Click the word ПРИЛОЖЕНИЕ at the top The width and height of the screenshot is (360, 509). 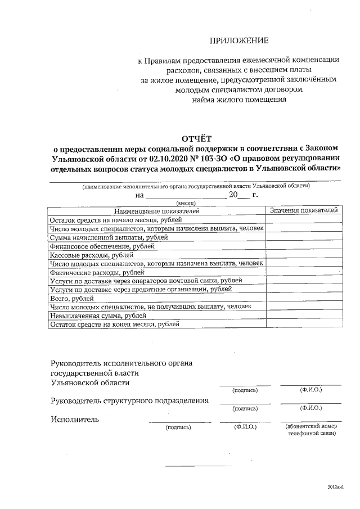239,40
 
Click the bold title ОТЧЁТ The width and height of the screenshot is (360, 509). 197,138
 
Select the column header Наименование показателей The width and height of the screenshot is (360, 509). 157,211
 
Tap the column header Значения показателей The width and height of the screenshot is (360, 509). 304,210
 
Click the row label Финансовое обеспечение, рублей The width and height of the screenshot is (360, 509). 91,246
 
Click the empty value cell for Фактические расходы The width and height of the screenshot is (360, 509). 304,272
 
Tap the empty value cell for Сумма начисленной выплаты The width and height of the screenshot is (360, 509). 304,237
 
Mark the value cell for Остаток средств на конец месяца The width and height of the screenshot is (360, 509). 304,325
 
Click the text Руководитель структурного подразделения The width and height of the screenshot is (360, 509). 130,401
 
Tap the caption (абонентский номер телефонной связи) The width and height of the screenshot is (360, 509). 311,430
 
